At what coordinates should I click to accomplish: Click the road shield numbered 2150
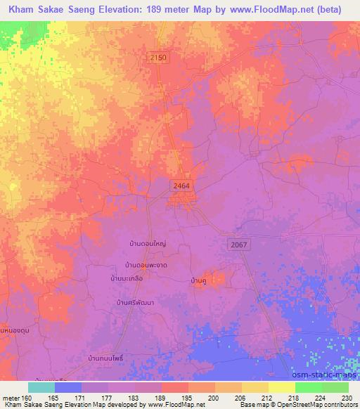click(x=158, y=58)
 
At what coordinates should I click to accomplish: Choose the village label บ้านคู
click(x=198, y=281)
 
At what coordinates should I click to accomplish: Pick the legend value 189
click(x=161, y=397)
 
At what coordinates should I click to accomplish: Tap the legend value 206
click(x=241, y=397)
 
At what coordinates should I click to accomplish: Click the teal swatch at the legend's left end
click(x=41, y=387)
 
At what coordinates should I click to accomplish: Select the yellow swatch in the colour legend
click(x=281, y=387)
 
